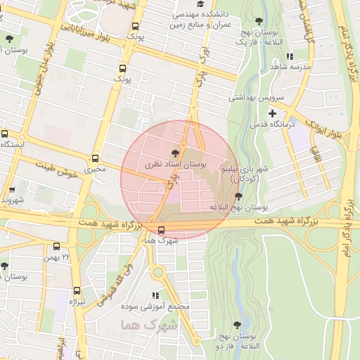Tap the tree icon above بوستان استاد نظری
tap(175, 153)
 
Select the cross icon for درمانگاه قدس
tap(272, 113)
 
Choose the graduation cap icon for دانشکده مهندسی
tap(191, 4)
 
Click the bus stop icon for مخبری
tap(96, 159)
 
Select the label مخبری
tap(95, 169)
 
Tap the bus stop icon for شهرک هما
tap(162, 230)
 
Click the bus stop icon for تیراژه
tap(77, 290)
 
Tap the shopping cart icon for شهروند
tap(12, 190)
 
